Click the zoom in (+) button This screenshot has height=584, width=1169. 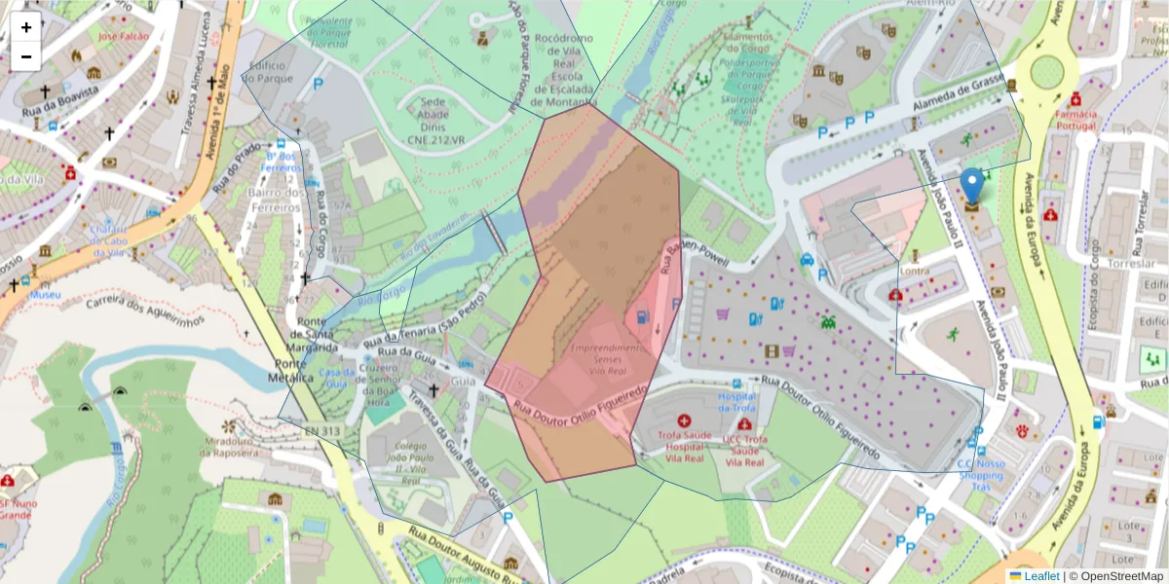click(26, 27)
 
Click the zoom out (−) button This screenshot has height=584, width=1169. click(26, 56)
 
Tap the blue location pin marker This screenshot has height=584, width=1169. click(971, 185)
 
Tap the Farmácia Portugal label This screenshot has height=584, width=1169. click(1075, 120)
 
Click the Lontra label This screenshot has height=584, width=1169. click(915, 271)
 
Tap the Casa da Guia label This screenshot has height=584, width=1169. click(335, 378)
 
